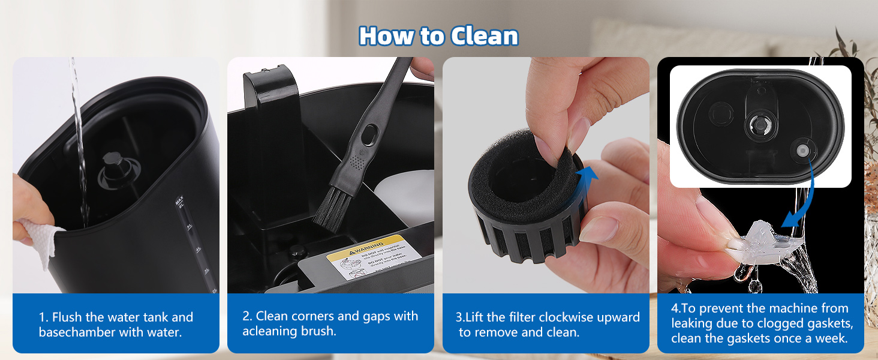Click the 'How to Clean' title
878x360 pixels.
(438, 36)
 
